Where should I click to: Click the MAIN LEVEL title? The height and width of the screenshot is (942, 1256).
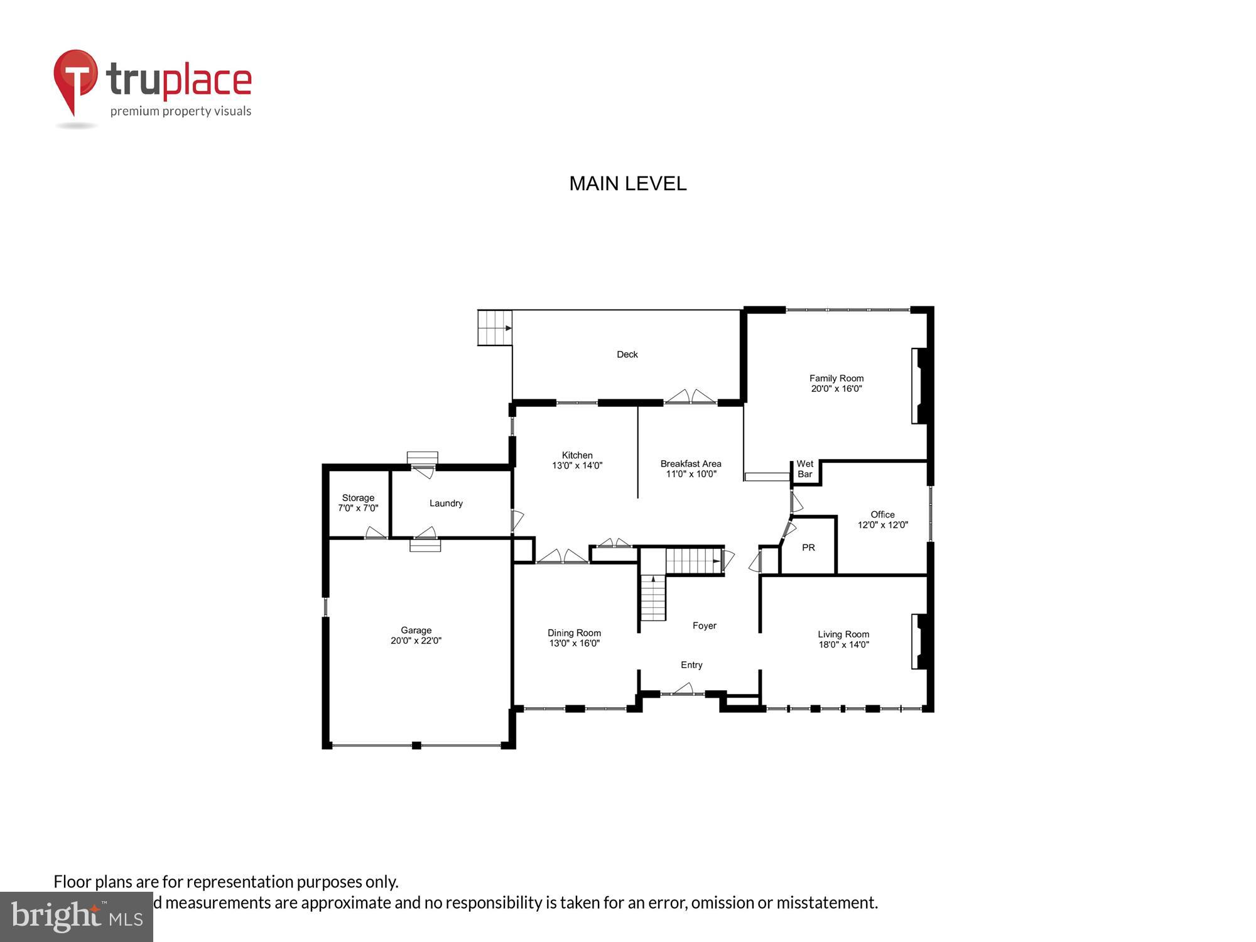[x=627, y=183]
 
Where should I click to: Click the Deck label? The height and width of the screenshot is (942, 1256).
[x=627, y=355]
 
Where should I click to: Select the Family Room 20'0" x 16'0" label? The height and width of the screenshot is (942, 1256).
[x=836, y=384]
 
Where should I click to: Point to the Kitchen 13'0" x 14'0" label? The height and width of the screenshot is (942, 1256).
[x=577, y=460]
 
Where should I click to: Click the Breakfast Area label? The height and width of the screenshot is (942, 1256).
[x=690, y=469]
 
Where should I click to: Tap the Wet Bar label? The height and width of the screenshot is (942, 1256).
[x=804, y=469]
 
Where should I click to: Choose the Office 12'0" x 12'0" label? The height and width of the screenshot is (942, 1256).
[x=882, y=520]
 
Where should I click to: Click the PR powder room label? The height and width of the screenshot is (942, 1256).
[x=808, y=548]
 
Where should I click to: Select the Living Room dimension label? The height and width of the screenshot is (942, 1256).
[x=843, y=645]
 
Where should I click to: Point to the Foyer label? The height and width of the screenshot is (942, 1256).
[x=704, y=625]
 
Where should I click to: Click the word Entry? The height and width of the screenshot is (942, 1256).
[x=691, y=665]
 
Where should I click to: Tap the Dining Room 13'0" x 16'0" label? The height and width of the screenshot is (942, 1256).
[x=574, y=638]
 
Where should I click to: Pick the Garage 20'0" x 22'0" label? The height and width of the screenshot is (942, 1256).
[x=416, y=636]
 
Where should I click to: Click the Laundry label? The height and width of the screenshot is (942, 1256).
[x=446, y=504]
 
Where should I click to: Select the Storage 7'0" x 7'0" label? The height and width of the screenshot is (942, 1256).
[x=358, y=503]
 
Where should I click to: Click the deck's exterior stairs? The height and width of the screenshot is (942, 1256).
[x=495, y=328]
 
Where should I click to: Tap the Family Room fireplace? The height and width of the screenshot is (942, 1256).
[x=919, y=386]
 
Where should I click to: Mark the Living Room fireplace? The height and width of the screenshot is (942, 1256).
[x=919, y=641]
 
